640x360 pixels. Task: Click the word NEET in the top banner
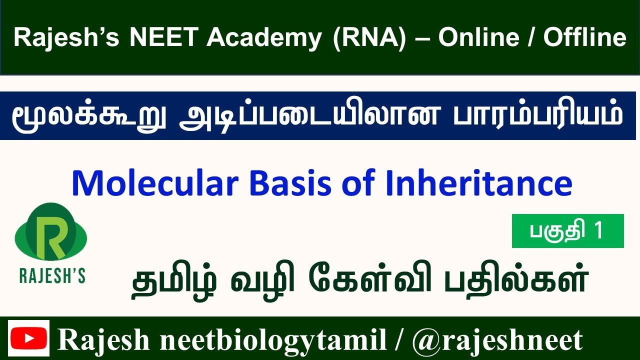pyautogui.click(x=163, y=38)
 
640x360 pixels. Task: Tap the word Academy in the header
pyautogui.click(x=263, y=38)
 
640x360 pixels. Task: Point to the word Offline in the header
pyautogui.click(x=584, y=38)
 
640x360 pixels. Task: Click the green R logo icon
pyautogui.click(x=51, y=233)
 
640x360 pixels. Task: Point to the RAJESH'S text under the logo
pyautogui.click(x=52, y=276)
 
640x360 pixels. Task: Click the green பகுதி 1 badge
pyautogui.click(x=567, y=231)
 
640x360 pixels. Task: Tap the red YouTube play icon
pyautogui.click(x=29, y=338)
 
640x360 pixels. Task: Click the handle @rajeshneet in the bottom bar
pyautogui.click(x=497, y=340)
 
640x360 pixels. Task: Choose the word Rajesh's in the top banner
pyautogui.click(x=66, y=38)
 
